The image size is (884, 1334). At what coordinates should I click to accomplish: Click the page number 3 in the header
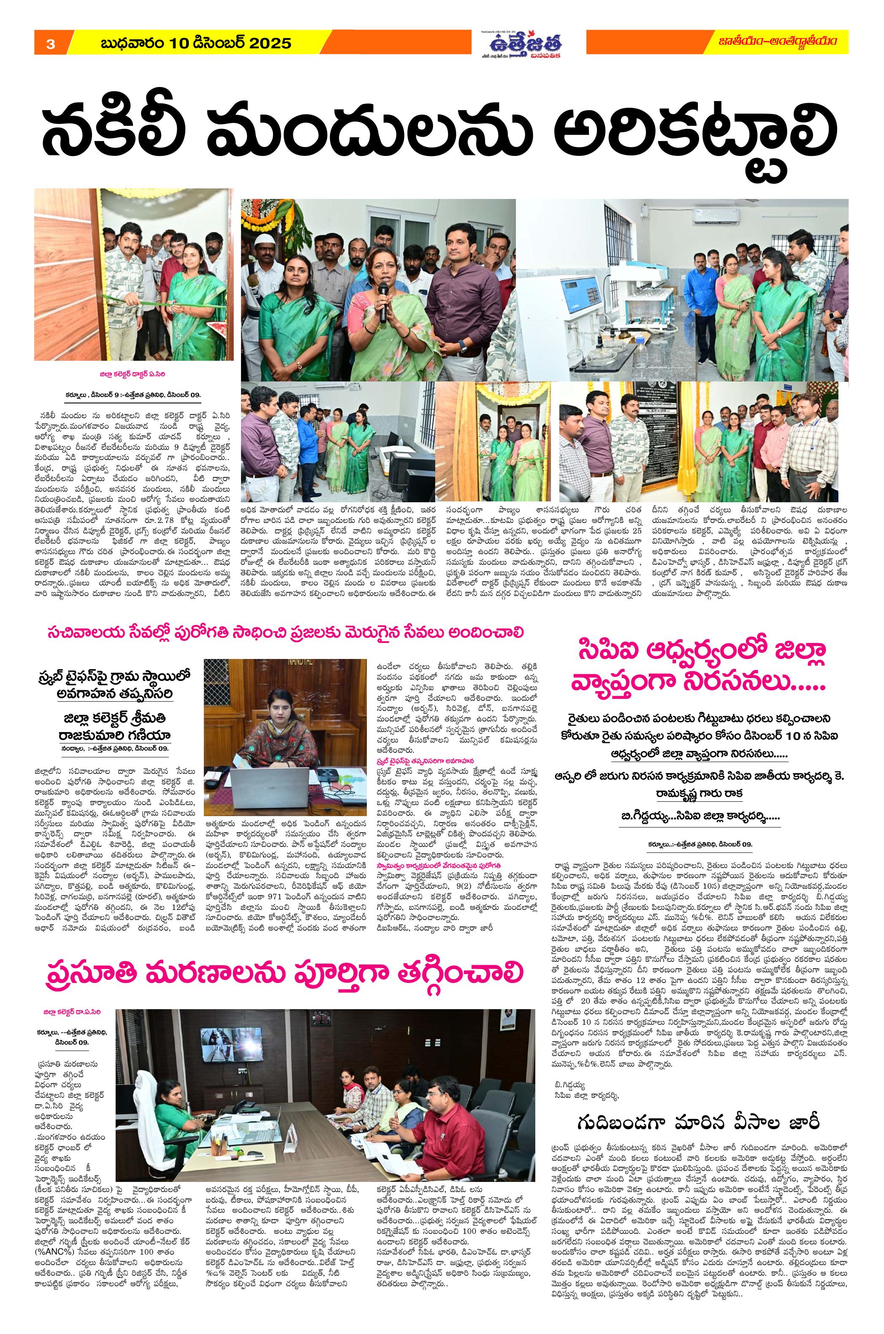coord(50,44)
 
